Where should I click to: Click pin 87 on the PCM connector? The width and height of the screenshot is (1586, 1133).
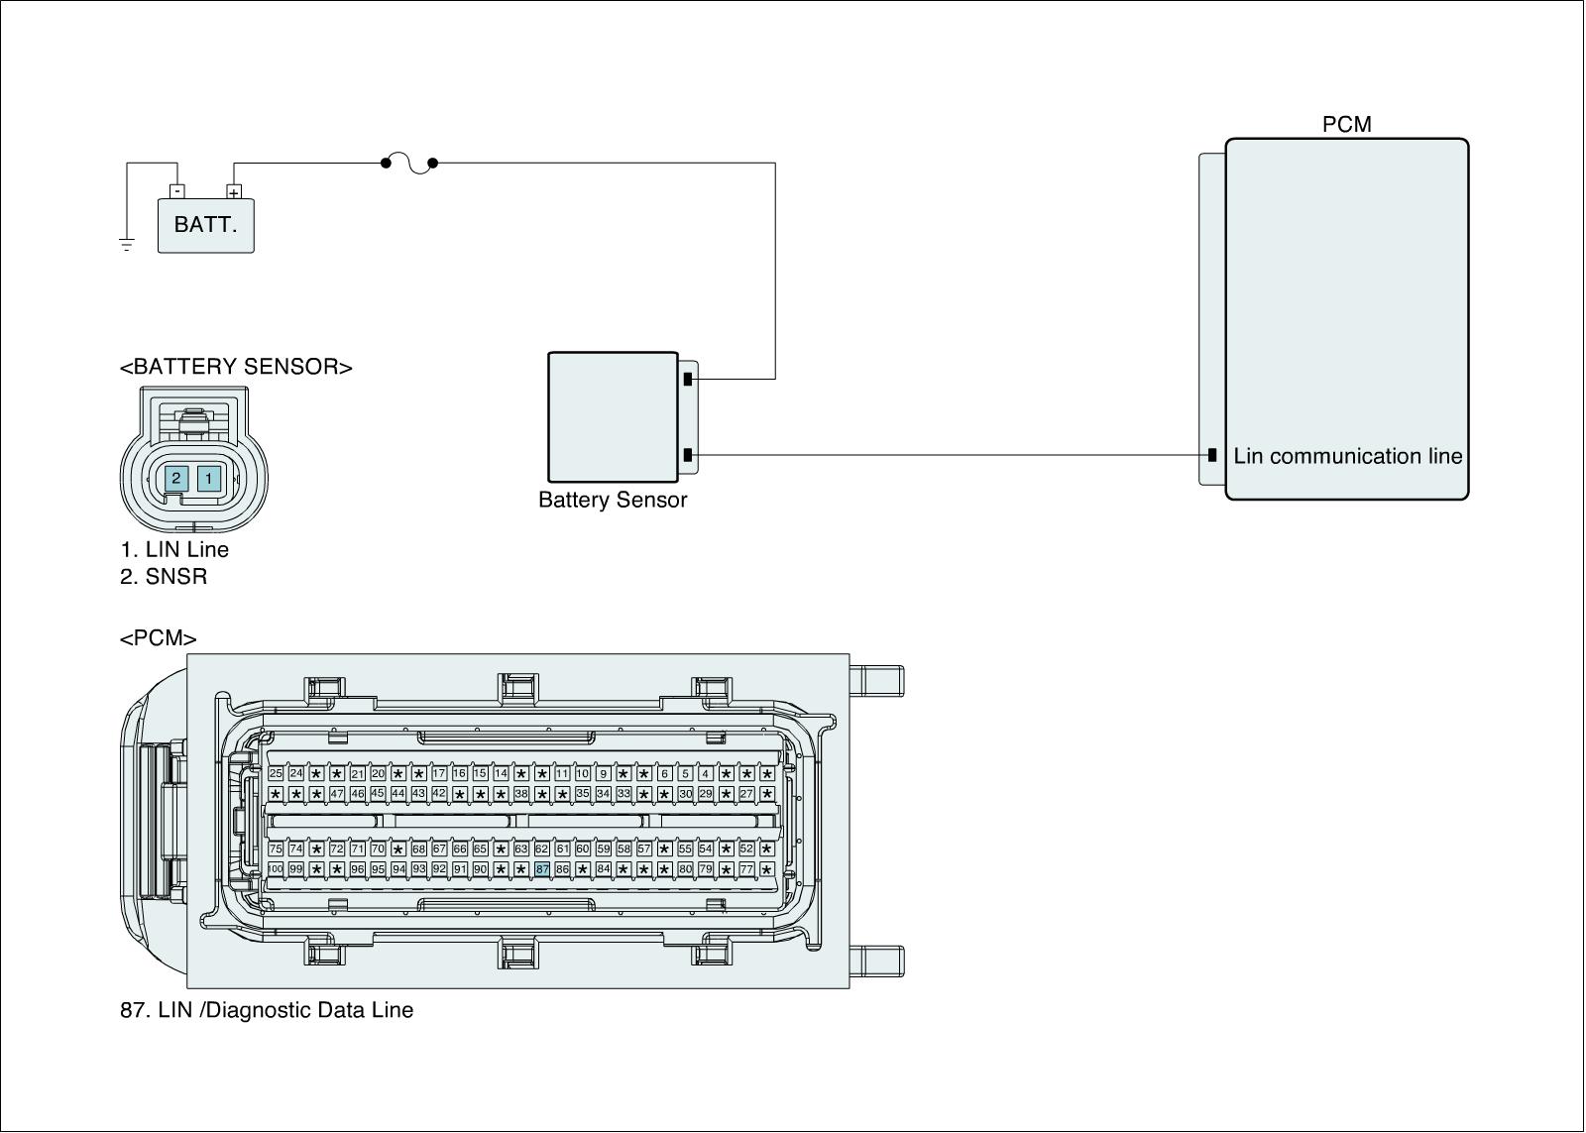541,869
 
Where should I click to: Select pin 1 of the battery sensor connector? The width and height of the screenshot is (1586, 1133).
208,479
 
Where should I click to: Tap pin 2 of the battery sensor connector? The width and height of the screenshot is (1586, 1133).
175,479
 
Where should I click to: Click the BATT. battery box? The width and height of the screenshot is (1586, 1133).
206,225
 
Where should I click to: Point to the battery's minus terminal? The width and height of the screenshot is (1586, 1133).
176,191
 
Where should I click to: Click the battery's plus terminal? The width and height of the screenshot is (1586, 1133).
234,192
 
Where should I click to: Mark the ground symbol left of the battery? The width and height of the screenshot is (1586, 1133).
127,244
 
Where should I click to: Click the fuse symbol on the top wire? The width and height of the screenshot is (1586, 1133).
409,164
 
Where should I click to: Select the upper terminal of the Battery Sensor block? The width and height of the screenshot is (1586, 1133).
687,379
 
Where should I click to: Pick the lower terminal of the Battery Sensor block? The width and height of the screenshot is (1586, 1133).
687,456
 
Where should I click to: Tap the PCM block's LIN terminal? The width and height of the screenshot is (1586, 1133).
1211,456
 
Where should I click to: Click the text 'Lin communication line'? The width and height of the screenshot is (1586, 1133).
1347,457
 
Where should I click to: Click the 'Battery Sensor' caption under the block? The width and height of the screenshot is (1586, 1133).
613,501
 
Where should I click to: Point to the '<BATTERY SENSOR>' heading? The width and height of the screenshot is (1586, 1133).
236,367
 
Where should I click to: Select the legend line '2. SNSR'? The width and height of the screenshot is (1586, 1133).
164,577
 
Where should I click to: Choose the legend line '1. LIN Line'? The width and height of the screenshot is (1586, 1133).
174,550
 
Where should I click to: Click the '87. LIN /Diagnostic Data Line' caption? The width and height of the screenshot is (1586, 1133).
267,1011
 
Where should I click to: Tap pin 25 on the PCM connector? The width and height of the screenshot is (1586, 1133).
276,773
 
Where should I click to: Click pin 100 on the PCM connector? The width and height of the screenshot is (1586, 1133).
276,869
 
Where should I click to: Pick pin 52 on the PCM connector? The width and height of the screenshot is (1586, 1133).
746,849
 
